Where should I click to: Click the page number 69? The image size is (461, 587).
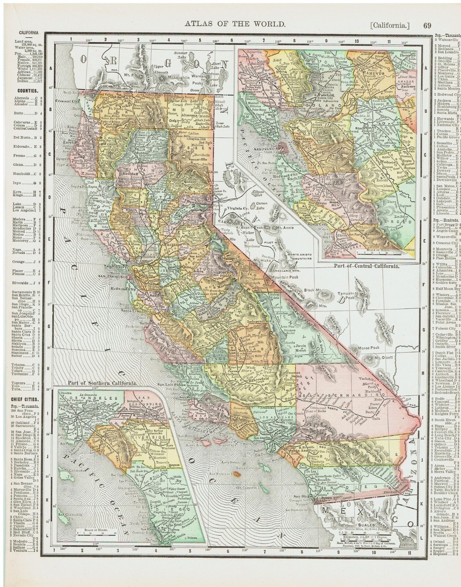[x=427, y=25]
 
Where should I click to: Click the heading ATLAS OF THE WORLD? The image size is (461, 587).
[x=233, y=23]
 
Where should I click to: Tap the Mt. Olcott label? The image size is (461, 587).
[x=384, y=358]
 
